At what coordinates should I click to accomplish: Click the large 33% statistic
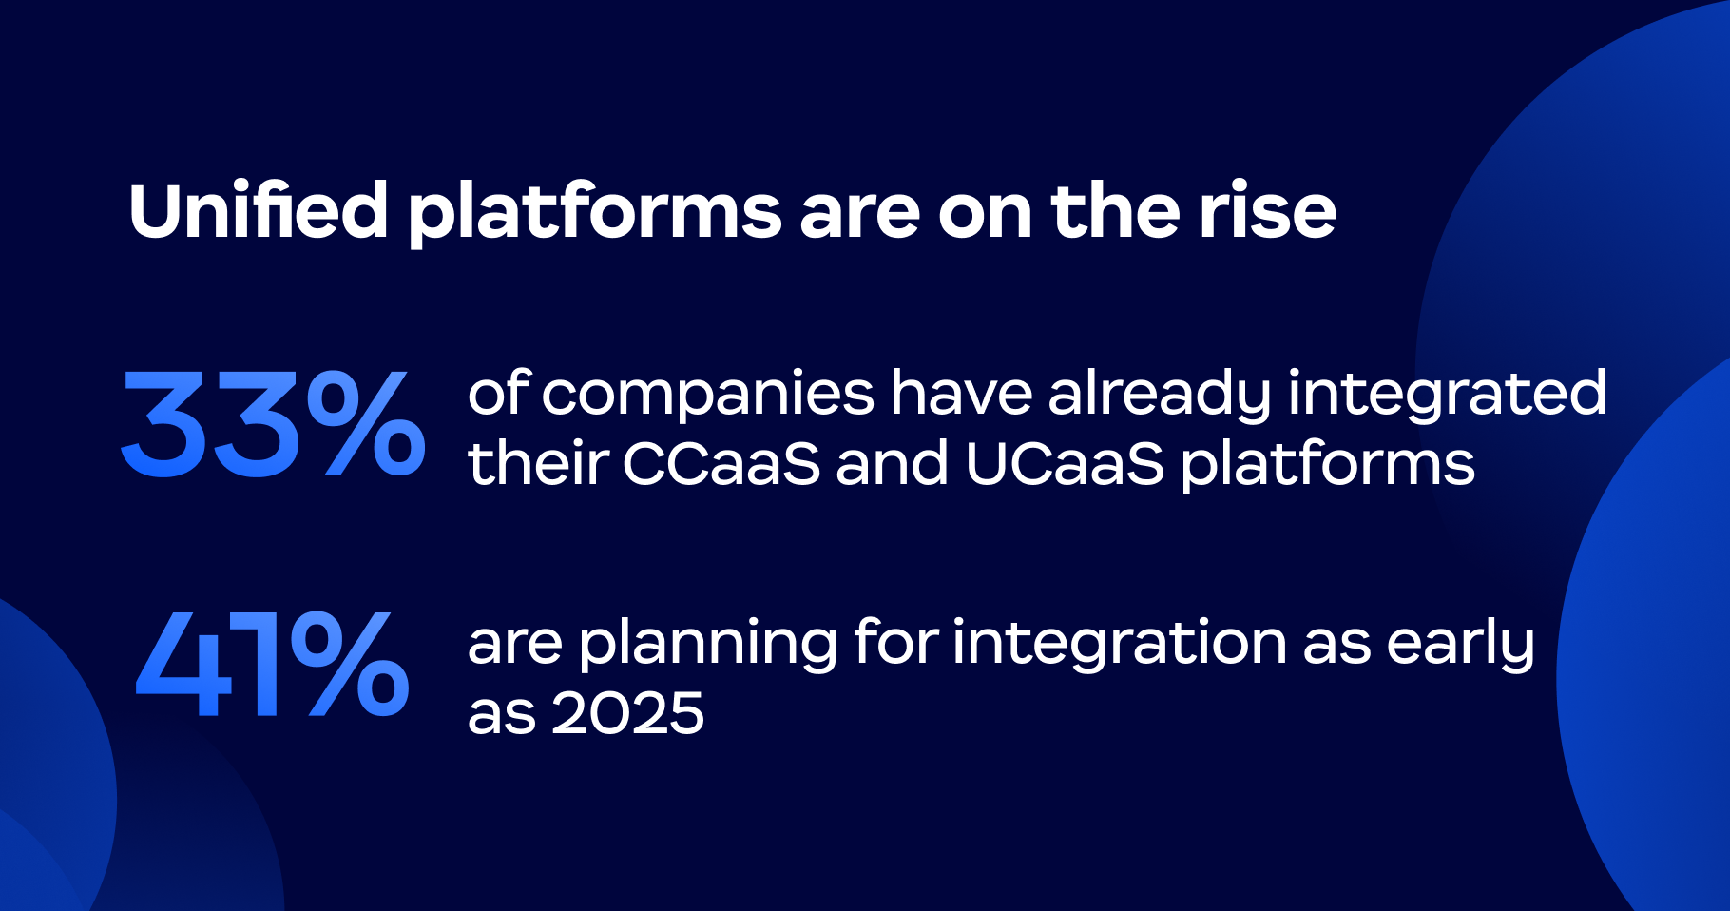coord(273,423)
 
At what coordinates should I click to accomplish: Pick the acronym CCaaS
coord(721,465)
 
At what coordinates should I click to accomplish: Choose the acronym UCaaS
coord(1065,465)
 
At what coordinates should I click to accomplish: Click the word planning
coord(708,645)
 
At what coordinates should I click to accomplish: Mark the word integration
coord(1120,645)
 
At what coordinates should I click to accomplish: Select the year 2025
coord(627,714)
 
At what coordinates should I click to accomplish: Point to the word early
coord(1460,645)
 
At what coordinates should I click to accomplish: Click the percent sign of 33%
coord(367,423)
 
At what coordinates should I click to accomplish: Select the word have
coord(961,394)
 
